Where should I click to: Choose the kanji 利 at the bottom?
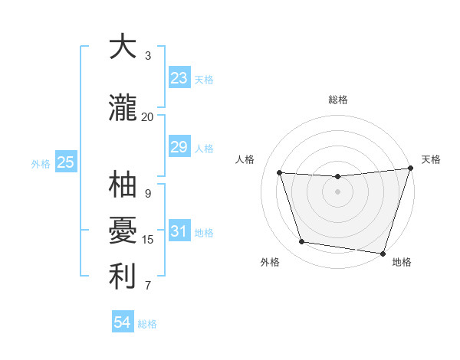pos(123,276)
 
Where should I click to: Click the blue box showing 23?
pos(179,78)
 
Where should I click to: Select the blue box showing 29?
pos(179,147)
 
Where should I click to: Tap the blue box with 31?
pos(179,231)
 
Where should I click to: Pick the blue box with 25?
pos(66,162)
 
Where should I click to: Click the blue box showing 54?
pos(123,322)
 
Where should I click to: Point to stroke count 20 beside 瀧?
pos(147,116)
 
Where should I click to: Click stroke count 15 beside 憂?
pos(148,240)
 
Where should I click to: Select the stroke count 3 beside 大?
pos(148,55)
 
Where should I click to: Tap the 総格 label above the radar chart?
pos(337,100)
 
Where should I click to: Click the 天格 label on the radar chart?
pos(431,159)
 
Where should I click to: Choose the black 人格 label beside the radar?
pos(245,159)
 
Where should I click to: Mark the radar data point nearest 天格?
pos(409,169)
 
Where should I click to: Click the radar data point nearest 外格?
pos(301,242)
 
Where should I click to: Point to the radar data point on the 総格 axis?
pos(337,177)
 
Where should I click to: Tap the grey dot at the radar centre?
pos(337,191)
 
